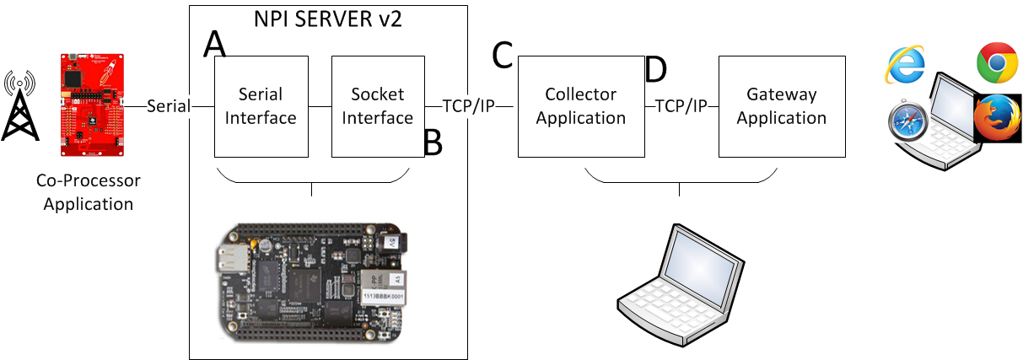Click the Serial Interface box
261,106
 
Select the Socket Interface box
377,106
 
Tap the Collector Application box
581,106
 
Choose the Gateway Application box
781,106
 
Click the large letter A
215,45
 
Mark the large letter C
503,56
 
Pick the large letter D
655,71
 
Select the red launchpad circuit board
89,105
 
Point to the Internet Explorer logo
905,65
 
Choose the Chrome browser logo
995,62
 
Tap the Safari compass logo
907,126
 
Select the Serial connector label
168,106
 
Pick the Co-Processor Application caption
89,192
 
